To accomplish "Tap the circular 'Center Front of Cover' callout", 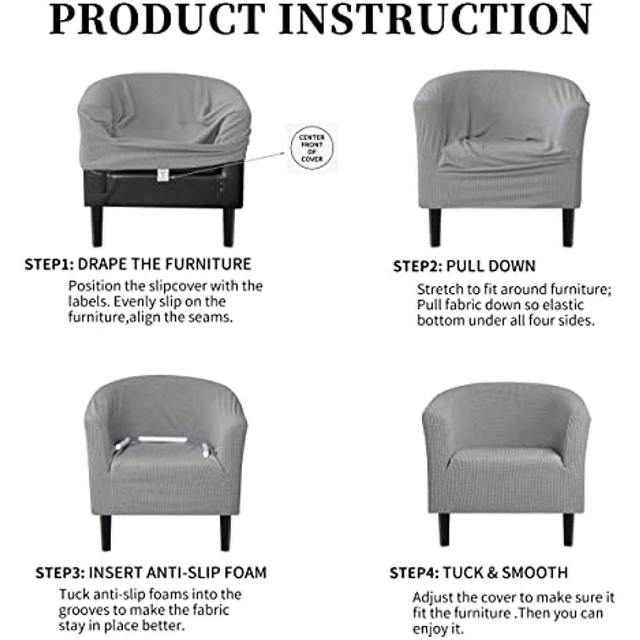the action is [312, 148].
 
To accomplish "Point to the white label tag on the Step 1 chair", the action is [163, 175].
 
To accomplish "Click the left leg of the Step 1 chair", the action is [97, 227].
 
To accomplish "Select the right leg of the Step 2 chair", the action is [568, 228].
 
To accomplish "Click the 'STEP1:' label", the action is [49, 265].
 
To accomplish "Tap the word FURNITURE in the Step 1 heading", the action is [208, 264].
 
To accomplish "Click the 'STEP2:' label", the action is [418, 266].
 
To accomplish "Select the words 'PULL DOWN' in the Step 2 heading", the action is [491, 266].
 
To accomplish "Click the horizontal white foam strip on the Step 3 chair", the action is [163, 439].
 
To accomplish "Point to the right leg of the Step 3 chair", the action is [225, 533].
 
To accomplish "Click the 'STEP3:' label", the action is [60, 573].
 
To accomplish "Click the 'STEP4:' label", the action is [414, 573].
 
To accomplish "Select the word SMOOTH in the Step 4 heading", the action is [535, 573].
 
